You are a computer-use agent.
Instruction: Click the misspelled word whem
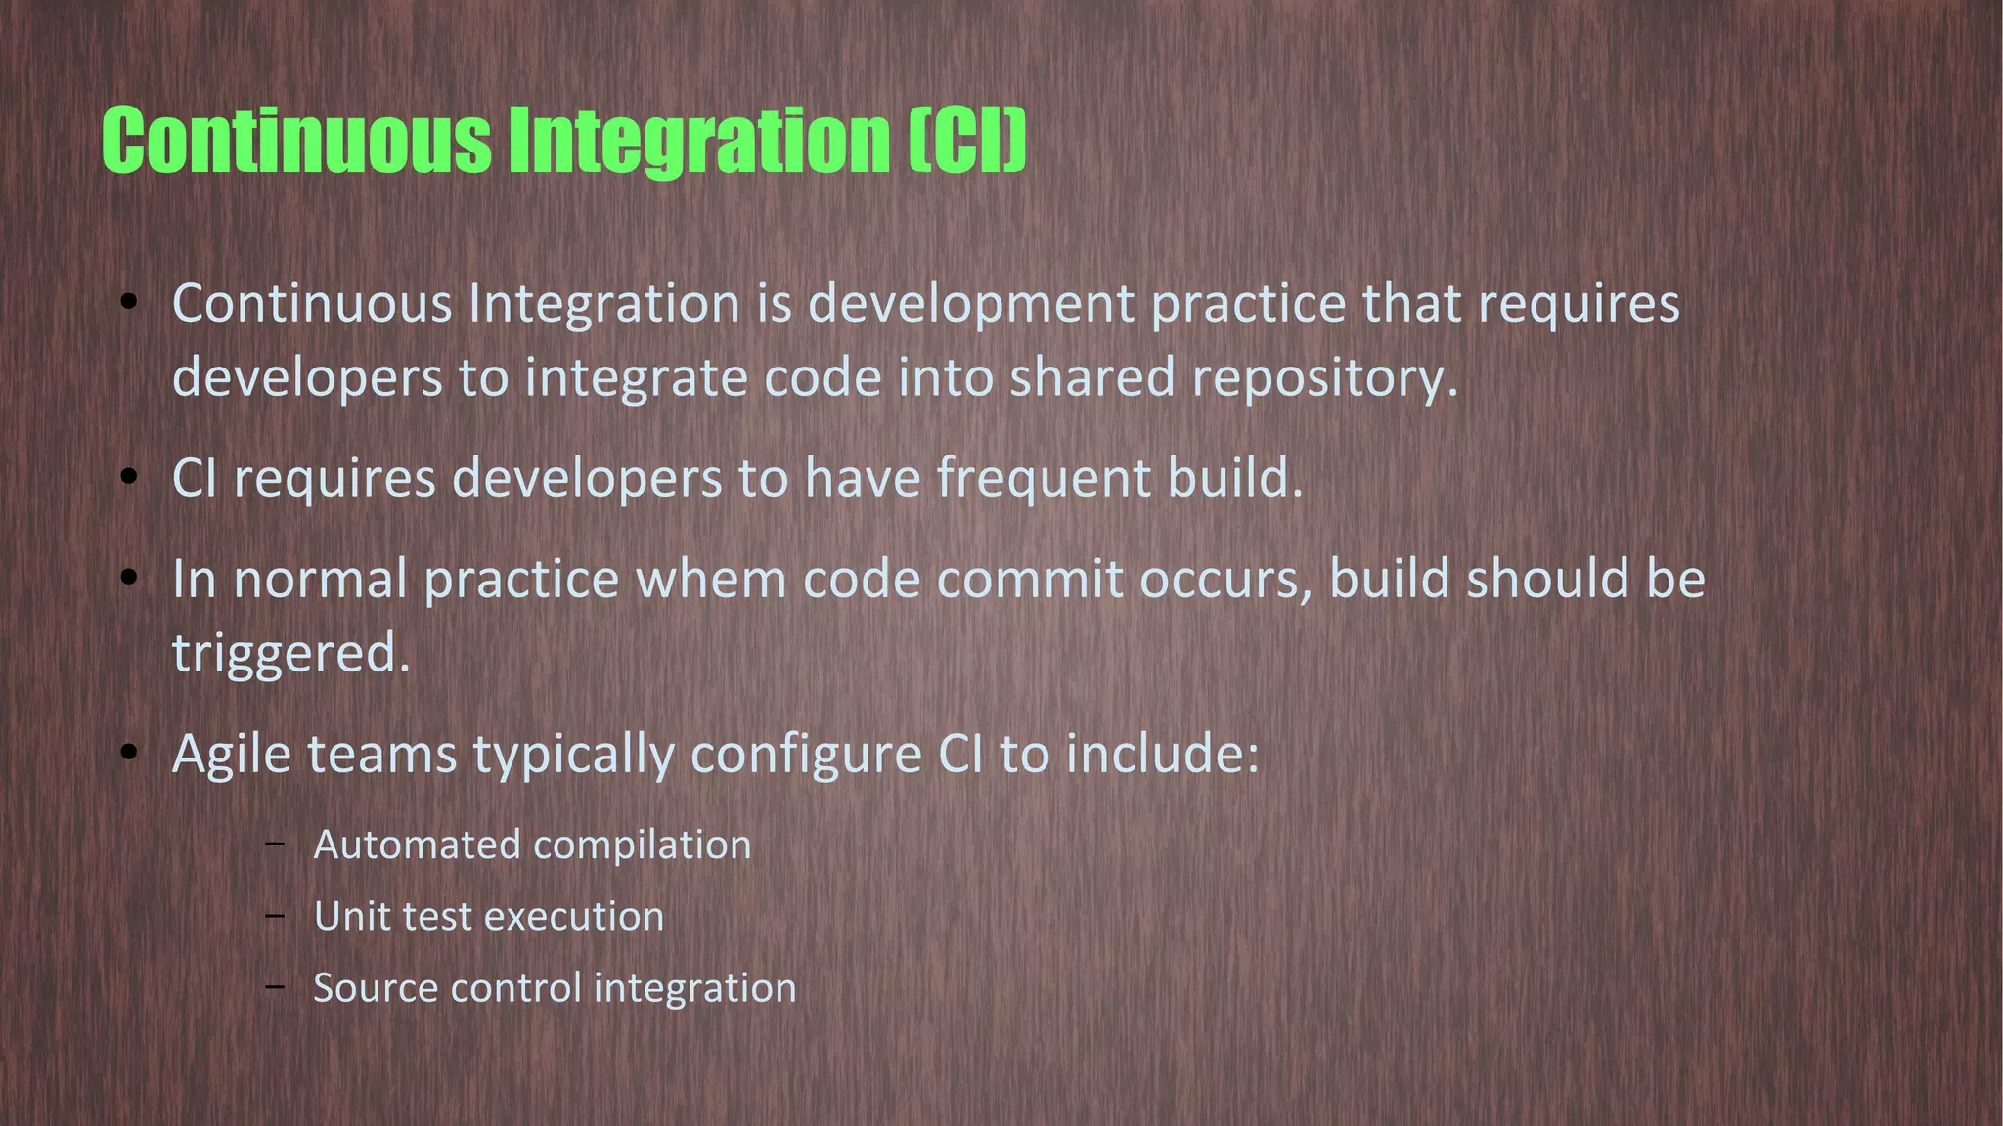point(711,579)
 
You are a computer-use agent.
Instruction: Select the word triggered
point(290,654)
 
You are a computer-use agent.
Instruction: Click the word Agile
point(232,755)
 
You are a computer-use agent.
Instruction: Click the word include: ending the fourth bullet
point(1162,755)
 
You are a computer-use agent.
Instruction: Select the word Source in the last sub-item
point(374,987)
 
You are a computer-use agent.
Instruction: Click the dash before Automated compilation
point(275,844)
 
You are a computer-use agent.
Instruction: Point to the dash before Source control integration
point(275,986)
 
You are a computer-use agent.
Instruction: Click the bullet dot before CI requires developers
point(129,478)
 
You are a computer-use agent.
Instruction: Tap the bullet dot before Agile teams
point(129,754)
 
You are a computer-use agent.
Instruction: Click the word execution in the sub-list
point(573,916)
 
